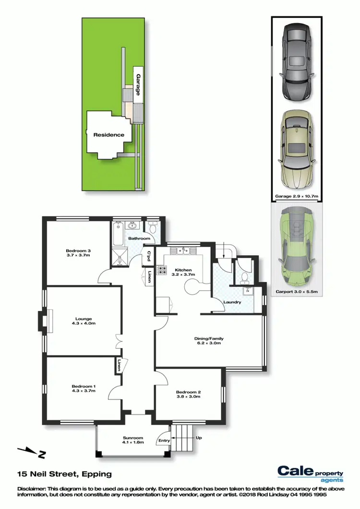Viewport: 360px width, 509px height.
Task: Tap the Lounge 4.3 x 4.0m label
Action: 83,321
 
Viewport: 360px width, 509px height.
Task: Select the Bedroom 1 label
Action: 84,389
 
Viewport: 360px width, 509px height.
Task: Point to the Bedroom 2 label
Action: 189,394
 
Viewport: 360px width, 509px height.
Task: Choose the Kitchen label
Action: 183,273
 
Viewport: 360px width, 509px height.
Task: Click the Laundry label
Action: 232,302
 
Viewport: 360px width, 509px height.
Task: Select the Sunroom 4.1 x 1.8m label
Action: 133,440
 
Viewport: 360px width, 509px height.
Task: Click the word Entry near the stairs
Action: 164,440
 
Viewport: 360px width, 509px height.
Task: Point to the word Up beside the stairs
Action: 198,438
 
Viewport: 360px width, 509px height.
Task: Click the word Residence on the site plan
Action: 108,135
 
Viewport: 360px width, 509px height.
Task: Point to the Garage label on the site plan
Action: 137,84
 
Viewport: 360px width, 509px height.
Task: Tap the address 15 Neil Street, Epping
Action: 64,474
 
